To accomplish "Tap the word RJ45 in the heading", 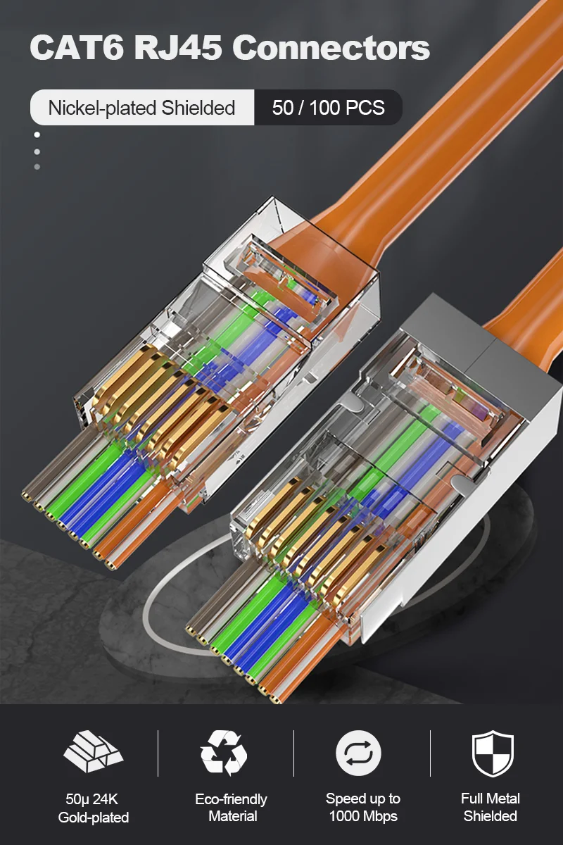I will click(179, 48).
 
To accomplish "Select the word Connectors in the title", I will click(331, 48).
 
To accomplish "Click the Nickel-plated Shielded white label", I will click(141, 108).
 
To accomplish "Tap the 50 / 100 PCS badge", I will click(328, 108).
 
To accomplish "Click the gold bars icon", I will click(93, 753).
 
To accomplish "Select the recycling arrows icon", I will click(224, 753).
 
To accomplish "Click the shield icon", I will click(492, 753).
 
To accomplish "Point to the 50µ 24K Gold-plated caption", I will click(93, 808).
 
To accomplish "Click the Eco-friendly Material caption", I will click(231, 808).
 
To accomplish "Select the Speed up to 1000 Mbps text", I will click(362, 808).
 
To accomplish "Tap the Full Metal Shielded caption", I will click(491, 808).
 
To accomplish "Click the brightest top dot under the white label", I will click(37, 135).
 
